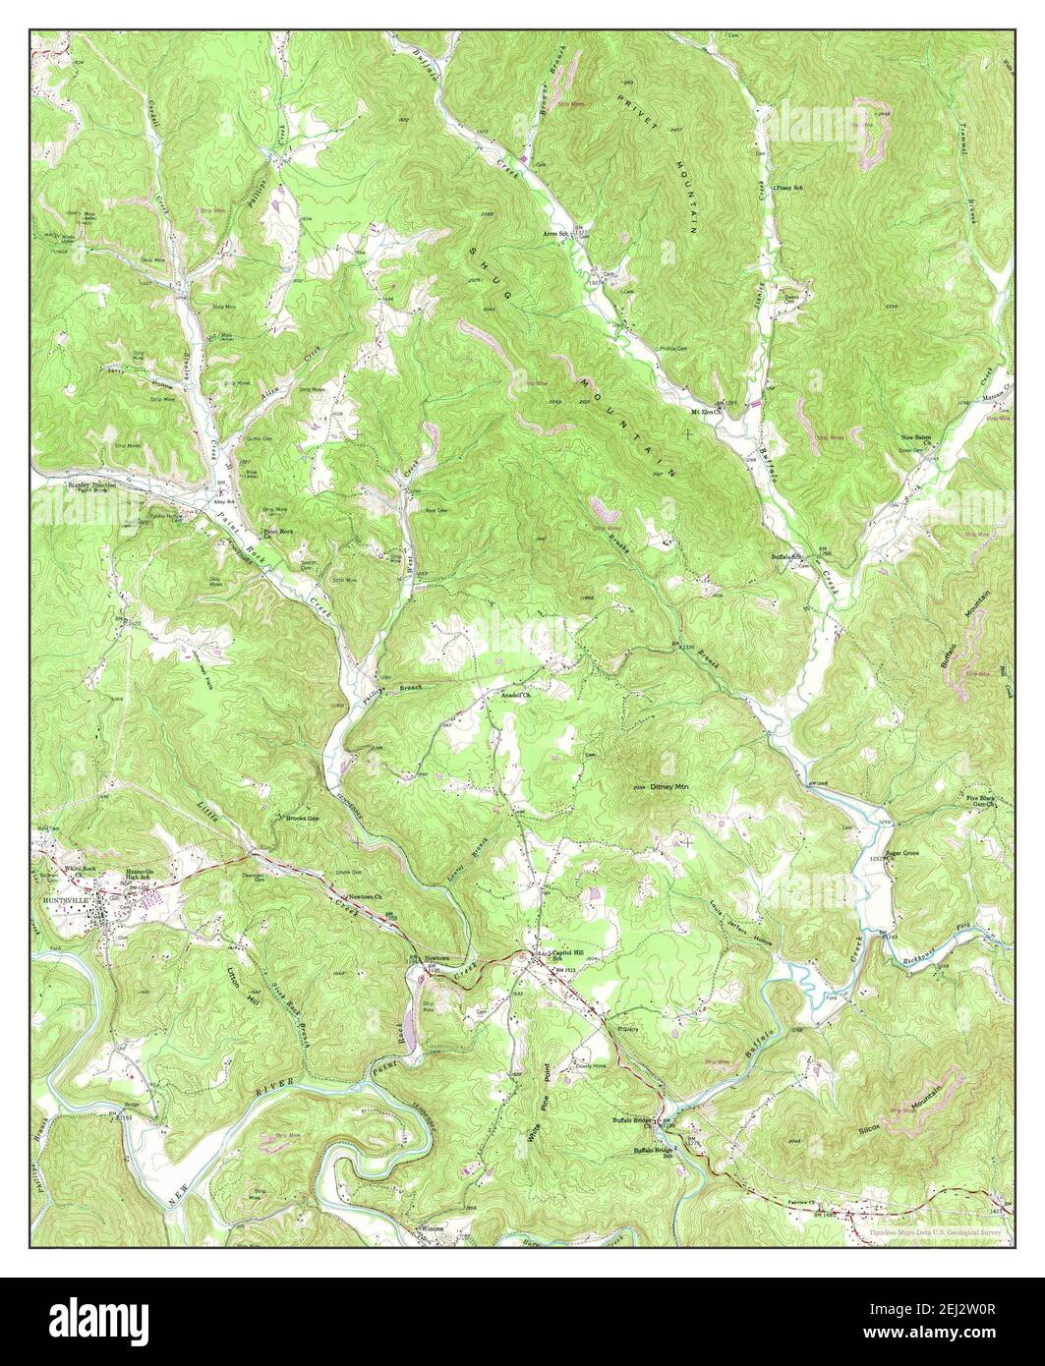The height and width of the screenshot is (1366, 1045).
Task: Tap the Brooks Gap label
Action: coord(302,818)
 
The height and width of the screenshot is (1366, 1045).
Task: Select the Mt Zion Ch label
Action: coord(704,410)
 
